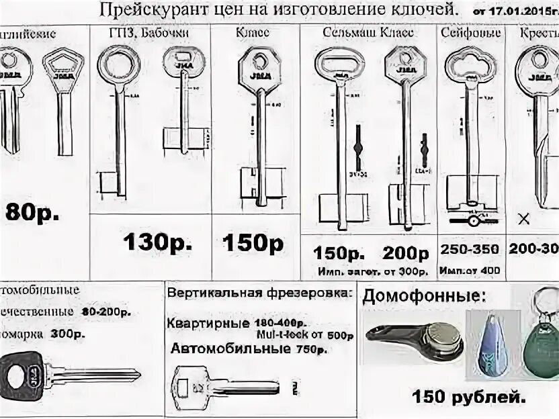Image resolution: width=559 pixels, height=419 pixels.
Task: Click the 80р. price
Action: [x=32, y=212]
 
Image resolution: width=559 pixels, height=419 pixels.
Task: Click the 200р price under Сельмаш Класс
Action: [x=406, y=253]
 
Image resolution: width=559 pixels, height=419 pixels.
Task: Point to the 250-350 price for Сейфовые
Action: [x=470, y=249]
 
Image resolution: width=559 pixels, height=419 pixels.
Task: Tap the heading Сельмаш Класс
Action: [x=368, y=32]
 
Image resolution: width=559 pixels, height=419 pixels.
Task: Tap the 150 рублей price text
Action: [x=469, y=397]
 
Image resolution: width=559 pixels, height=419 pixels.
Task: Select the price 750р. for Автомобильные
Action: [x=310, y=349]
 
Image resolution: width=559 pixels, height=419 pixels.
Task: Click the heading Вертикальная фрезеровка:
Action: [x=258, y=293]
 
